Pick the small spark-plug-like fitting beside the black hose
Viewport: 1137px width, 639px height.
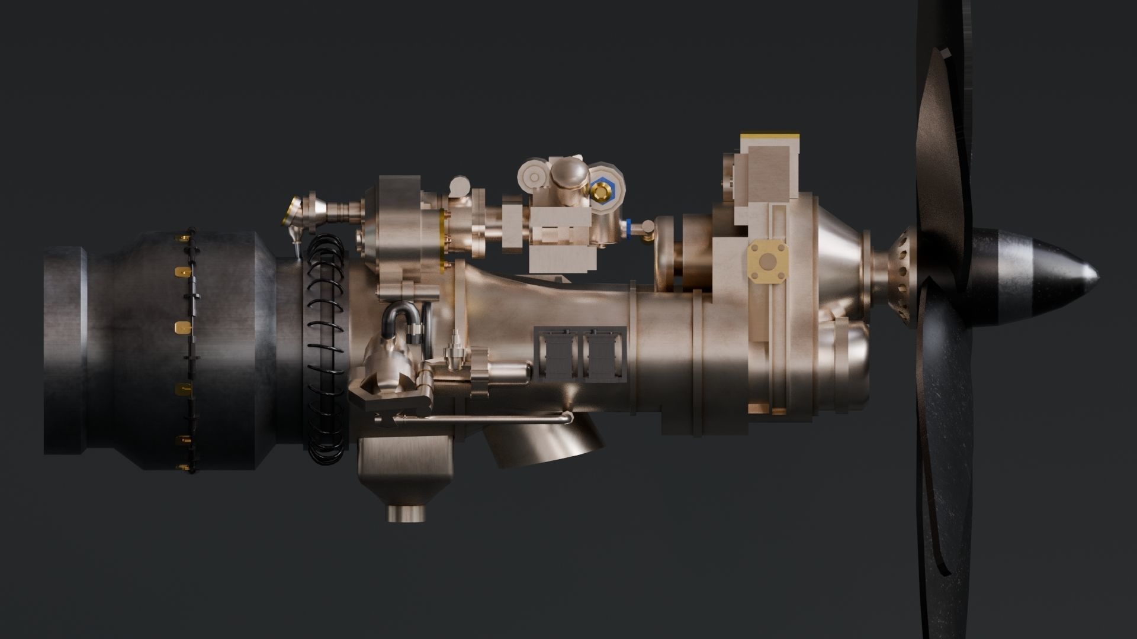point(455,350)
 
